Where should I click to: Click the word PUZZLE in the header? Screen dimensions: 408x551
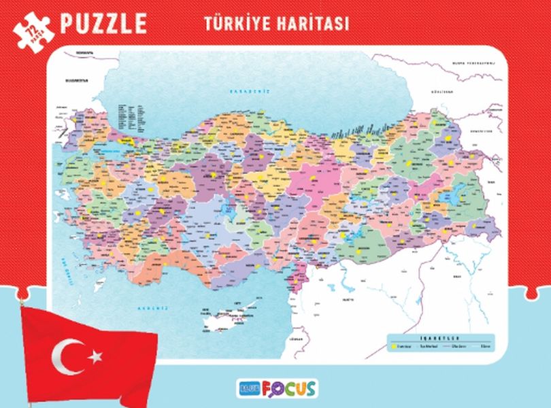(x=103, y=22)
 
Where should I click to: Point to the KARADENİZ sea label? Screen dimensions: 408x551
(x=250, y=91)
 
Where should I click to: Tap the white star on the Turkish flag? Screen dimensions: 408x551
(x=96, y=355)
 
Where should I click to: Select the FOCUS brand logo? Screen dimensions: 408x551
(x=293, y=388)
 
